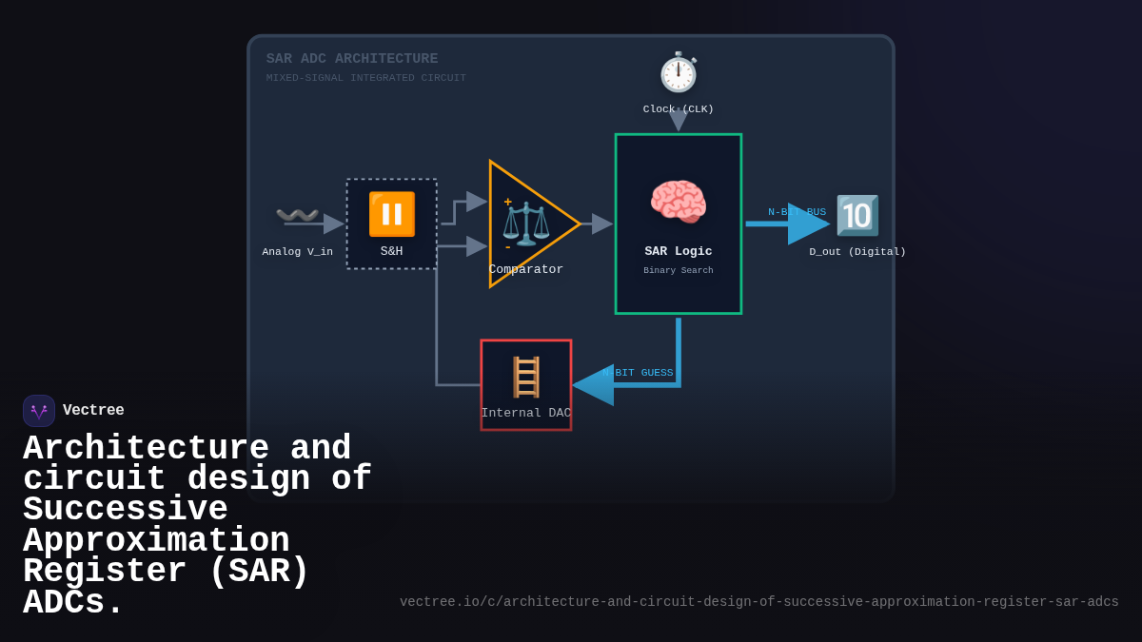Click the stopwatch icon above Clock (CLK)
tap(679, 72)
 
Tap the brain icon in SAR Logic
tap(679, 203)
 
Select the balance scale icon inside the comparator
tap(525, 224)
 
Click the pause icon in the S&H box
tap(392, 214)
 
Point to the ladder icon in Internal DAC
tap(526, 377)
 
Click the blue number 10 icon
tap(857, 216)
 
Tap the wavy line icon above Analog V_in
tap(297, 216)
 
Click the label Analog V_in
tap(298, 252)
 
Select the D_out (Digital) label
tap(857, 252)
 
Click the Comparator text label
tap(526, 270)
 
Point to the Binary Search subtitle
tap(679, 271)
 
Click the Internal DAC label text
tap(526, 414)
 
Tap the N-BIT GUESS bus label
tap(639, 373)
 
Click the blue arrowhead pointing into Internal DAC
tap(593, 385)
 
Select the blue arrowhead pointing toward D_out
tap(808, 224)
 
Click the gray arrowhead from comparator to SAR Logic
tap(601, 224)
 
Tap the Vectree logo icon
tap(39, 411)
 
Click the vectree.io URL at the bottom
tap(758, 602)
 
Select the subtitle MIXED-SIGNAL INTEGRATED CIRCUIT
tap(366, 78)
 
